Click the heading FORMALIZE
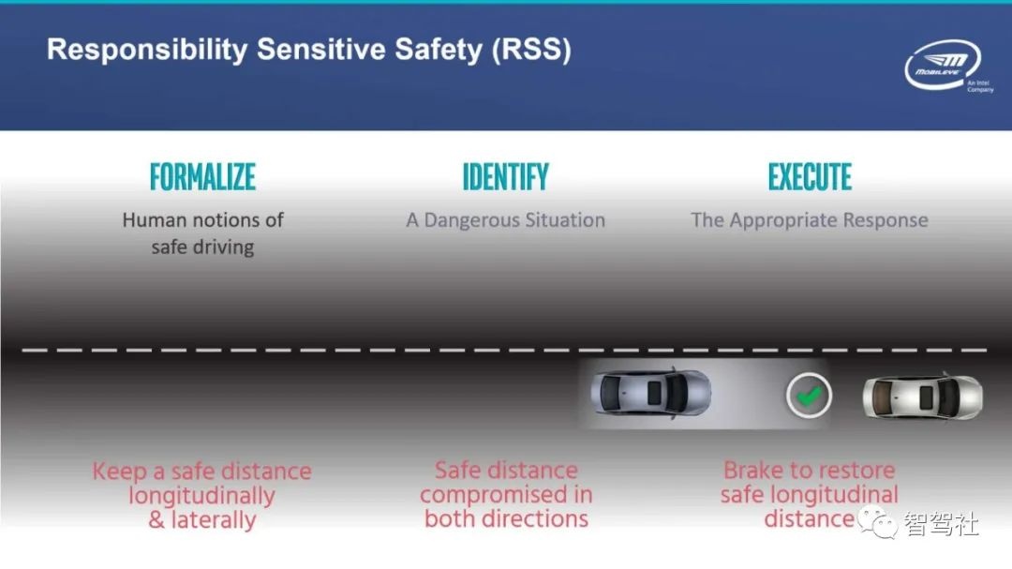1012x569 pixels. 202,177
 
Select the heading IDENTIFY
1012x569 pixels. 505,177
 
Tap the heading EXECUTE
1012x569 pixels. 810,177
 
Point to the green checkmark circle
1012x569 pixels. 808,397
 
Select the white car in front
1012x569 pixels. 922,397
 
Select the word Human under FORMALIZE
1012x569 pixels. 155,220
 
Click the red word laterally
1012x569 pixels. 213,520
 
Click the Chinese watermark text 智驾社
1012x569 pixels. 941,523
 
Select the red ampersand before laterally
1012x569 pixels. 156,520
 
